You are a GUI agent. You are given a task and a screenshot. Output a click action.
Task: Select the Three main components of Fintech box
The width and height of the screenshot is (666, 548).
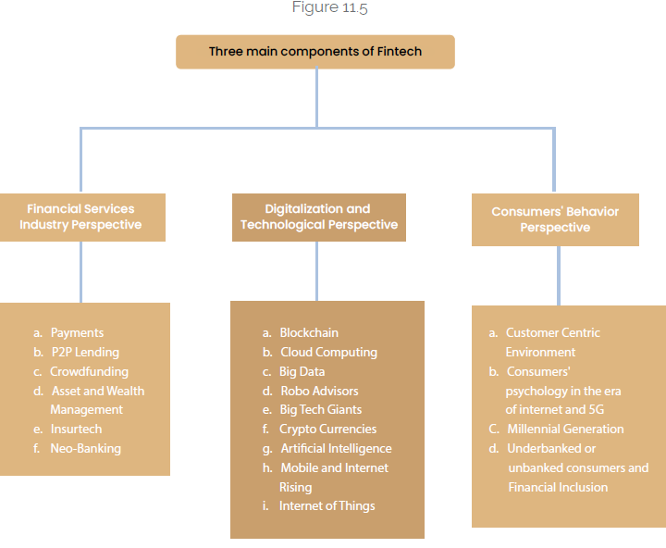point(315,52)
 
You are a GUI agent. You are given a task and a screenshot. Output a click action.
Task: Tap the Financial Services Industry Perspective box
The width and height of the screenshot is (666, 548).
point(81,218)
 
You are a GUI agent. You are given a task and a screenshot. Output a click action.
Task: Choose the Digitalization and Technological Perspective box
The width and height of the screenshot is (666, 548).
point(318,218)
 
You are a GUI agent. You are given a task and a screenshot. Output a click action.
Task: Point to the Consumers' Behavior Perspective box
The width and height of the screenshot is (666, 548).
point(555,219)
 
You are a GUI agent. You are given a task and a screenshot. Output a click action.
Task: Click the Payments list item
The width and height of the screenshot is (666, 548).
point(77,333)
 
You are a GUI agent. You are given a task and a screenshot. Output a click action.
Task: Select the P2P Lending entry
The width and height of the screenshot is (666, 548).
point(85,353)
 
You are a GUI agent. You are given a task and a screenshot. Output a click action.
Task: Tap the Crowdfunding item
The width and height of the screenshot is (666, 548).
point(89,371)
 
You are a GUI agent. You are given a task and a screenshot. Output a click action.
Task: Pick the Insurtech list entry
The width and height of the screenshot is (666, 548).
point(76,430)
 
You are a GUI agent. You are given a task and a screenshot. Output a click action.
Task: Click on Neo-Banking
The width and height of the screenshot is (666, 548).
point(85,449)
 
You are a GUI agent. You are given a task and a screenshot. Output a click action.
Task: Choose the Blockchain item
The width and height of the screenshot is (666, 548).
point(309,333)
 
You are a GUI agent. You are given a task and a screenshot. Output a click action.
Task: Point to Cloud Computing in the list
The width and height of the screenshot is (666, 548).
point(328,353)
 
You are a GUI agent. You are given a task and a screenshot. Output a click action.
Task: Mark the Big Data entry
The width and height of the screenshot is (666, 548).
point(302,371)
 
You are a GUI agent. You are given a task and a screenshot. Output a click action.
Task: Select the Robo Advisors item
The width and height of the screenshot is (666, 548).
point(319,391)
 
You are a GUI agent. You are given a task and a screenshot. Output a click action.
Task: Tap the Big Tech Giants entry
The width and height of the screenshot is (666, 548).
point(321,410)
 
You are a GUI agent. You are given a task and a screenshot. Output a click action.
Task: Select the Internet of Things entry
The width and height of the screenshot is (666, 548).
point(327,506)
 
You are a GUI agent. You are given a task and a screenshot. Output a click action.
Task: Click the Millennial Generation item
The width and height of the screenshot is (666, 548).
point(565,430)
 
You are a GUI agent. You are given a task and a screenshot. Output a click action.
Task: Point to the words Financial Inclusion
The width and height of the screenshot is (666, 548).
point(558,487)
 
